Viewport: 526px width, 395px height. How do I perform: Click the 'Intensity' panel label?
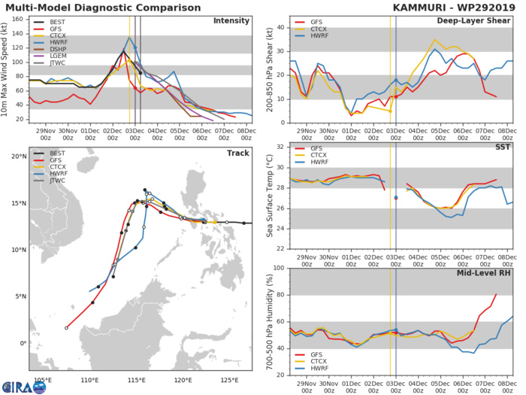click(231, 20)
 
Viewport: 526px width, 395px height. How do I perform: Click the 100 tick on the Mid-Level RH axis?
click(276, 269)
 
